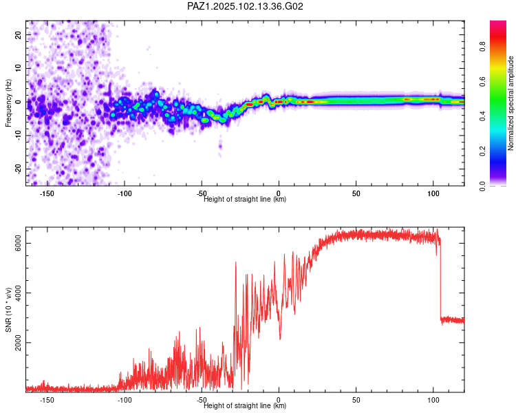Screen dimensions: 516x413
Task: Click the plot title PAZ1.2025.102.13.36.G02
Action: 245,6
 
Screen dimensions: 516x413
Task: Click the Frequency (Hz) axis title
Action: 8,103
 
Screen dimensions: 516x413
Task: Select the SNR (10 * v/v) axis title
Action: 8,310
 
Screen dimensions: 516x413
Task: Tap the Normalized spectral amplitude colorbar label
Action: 510,103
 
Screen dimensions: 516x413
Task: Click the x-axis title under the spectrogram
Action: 245,199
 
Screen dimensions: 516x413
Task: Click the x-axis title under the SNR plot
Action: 245,405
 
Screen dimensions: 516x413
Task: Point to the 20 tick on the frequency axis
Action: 19,34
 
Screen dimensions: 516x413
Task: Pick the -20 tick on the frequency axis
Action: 19,169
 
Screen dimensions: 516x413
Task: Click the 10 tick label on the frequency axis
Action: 19,68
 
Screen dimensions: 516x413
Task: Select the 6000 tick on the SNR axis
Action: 19,244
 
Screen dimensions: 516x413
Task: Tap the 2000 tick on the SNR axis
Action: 19,343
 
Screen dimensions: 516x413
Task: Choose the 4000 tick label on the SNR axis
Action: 19,293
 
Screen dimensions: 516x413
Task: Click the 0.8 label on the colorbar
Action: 482,46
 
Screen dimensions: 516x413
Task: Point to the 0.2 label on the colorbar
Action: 482,151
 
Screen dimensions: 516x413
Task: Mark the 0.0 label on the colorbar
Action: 482,186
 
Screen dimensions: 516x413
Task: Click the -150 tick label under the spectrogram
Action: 47,193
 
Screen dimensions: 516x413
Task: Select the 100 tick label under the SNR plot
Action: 433,400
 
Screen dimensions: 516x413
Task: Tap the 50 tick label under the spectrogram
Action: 356,193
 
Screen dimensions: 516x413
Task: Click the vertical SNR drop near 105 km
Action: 440,280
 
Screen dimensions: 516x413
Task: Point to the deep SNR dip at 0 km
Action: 280,337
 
